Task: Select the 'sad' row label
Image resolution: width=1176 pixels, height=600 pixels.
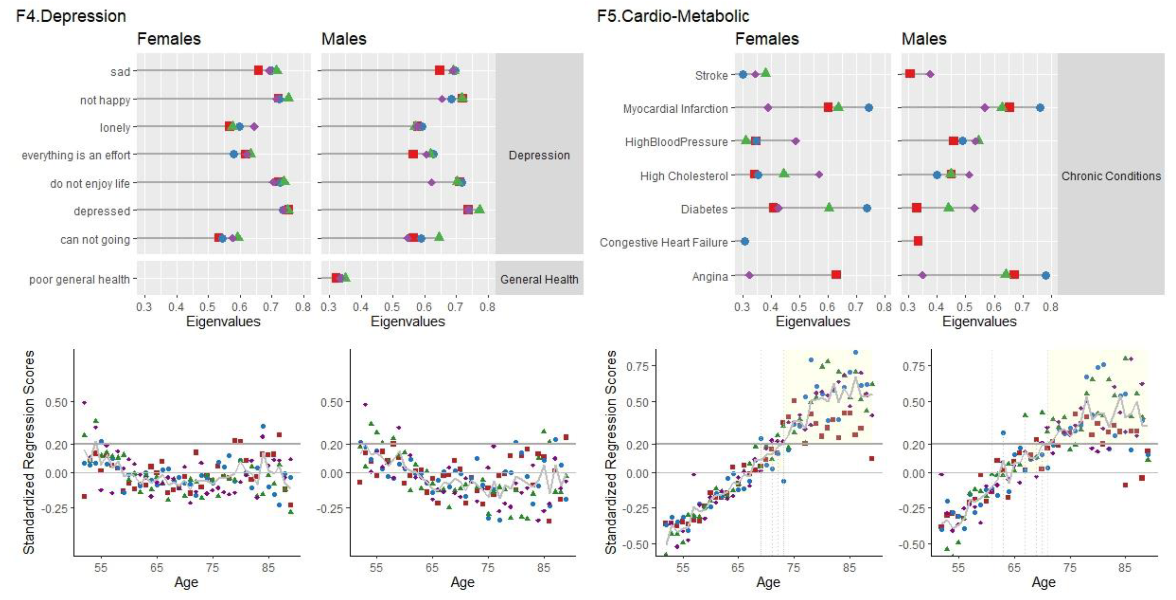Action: tap(120, 72)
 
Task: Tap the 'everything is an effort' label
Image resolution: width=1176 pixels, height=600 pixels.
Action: tap(76, 155)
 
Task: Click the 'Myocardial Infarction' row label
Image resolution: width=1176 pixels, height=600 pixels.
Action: tap(675, 109)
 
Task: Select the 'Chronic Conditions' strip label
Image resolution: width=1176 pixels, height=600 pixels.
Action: tap(1111, 176)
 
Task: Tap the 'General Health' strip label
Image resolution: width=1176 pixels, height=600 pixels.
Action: tap(539, 279)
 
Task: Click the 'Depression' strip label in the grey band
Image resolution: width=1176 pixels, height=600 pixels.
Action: tap(539, 155)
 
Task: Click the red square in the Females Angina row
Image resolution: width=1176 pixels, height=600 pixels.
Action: tap(836, 275)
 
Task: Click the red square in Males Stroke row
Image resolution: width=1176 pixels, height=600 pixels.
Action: tap(910, 73)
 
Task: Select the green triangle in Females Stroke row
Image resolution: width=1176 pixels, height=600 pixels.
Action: tap(766, 73)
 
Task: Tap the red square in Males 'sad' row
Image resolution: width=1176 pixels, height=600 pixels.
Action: tap(439, 70)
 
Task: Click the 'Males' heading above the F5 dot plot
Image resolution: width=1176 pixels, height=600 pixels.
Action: tap(924, 39)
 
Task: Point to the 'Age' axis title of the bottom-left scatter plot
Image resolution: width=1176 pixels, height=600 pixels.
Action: tap(186, 582)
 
